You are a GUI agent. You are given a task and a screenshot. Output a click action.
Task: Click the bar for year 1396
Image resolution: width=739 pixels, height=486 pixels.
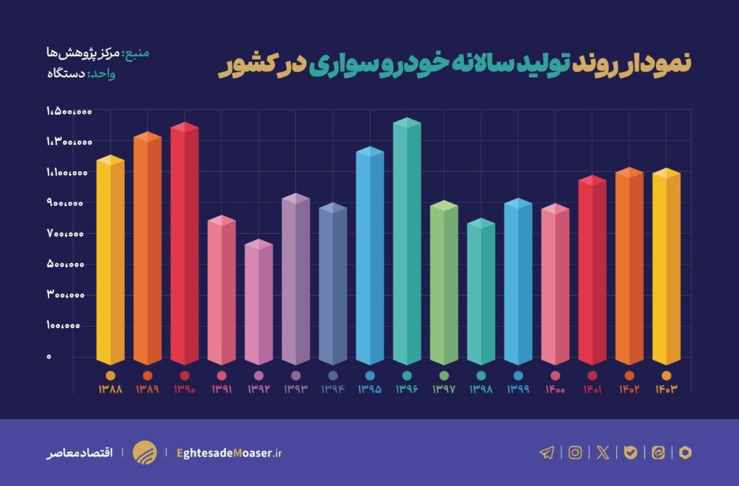[406, 245]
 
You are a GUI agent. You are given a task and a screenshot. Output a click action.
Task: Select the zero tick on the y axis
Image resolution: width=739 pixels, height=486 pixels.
[49, 356]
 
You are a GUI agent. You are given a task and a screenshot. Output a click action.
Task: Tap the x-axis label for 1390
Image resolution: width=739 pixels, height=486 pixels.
[184, 389]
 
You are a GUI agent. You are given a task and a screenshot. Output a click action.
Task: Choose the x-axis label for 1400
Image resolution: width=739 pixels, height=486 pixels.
[555, 389]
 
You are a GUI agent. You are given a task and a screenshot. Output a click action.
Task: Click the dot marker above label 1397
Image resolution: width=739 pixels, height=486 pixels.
[444, 376]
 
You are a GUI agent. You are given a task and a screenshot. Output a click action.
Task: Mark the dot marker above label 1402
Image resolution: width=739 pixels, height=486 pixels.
[629, 376]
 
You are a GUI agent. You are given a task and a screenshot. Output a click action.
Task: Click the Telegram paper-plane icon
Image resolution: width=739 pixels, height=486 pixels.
[547, 453]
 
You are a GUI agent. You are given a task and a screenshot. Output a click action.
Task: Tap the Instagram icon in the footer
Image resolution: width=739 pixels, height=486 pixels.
[575, 453]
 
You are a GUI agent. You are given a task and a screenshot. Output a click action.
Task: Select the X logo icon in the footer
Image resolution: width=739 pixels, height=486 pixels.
[603, 453]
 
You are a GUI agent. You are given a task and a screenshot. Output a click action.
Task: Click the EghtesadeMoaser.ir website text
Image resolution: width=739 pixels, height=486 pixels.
[229, 453]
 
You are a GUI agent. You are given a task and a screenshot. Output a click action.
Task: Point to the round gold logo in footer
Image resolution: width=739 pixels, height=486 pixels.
[144, 453]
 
